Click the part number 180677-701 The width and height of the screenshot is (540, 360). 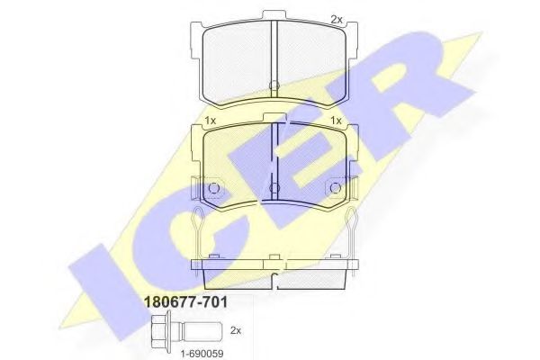click(185, 302)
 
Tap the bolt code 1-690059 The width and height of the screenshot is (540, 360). click(202, 354)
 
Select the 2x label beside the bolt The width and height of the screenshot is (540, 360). click(236, 330)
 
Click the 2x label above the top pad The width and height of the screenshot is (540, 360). click(337, 20)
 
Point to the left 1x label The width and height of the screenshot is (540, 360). click(210, 121)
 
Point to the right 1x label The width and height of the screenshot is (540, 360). click(336, 121)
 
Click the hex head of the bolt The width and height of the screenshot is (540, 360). click(161, 329)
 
